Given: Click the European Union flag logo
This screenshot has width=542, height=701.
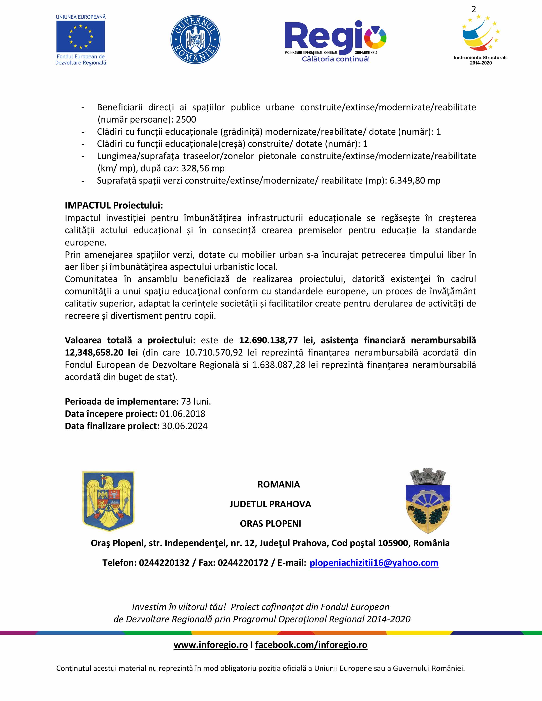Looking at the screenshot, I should click(81, 36).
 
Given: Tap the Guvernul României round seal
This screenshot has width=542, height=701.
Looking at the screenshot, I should click(195, 40).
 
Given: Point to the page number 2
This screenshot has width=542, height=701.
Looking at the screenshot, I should click(474, 10).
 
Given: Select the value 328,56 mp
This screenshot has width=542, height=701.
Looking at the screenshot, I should click(203, 168).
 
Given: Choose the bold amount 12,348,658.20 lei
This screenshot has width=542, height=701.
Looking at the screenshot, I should click(101, 352).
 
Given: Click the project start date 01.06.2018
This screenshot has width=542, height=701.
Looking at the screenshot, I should click(182, 414).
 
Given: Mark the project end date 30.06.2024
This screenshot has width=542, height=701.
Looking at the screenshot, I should click(185, 426).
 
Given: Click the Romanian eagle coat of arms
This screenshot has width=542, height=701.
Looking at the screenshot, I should click(108, 502).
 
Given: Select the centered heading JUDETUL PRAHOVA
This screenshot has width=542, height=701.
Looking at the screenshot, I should click(270, 504).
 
